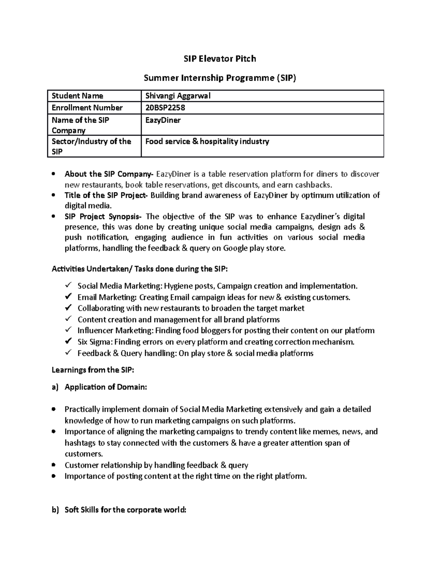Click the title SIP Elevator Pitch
pyautogui.click(x=220, y=59)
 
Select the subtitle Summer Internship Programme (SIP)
pyautogui.click(x=220, y=78)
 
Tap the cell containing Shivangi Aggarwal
pyautogui.click(x=178, y=96)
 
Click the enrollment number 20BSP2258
pyautogui.click(x=165, y=108)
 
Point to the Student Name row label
pyautogui.click(x=77, y=96)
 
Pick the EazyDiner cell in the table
pyautogui.click(x=163, y=120)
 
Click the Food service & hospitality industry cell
pyautogui.click(x=207, y=142)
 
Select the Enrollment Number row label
pyautogui.click(x=87, y=108)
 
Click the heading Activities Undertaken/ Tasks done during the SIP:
pyautogui.click(x=139, y=269)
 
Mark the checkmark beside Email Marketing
pyautogui.click(x=68, y=297)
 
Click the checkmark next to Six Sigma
pyautogui.click(x=68, y=341)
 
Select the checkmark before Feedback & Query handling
pyautogui.click(x=68, y=353)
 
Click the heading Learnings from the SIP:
pyautogui.click(x=93, y=370)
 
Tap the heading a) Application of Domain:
pyautogui.click(x=99, y=387)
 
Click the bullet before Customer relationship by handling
pyautogui.click(x=54, y=465)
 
